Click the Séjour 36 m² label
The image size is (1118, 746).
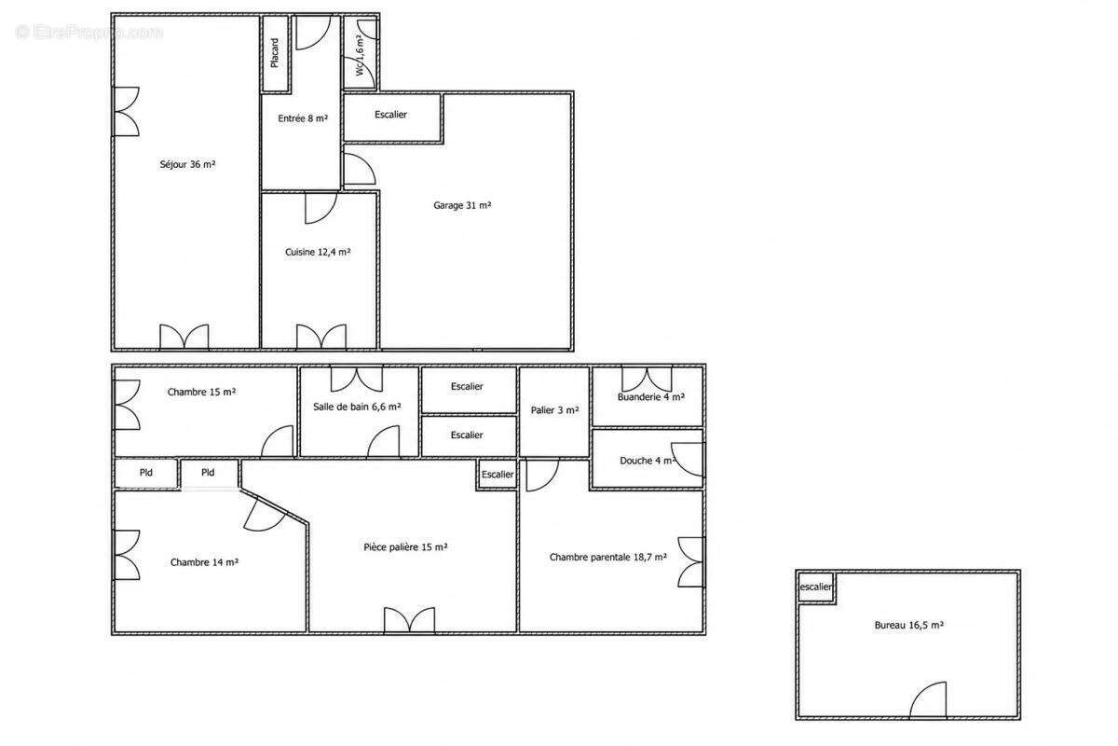[187, 164]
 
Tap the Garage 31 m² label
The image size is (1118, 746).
[462, 205]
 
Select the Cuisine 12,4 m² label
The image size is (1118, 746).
[318, 253]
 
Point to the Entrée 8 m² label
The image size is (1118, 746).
[303, 118]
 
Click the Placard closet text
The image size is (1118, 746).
[275, 53]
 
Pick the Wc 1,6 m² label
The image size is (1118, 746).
[360, 55]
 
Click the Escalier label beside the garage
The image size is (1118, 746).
[390, 115]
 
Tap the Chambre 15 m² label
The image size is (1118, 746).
[201, 393]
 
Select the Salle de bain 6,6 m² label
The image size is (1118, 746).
[358, 408]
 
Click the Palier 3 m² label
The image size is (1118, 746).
[555, 410]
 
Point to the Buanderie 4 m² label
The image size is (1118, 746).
[651, 397]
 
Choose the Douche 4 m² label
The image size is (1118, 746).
[648, 461]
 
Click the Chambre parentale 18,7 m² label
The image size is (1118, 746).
[608, 557]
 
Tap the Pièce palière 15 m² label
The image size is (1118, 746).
[406, 547]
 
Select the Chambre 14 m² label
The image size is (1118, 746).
[205, 562]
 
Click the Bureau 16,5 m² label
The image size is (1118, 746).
[909, 625]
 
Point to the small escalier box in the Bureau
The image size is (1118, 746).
[816, 587]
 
